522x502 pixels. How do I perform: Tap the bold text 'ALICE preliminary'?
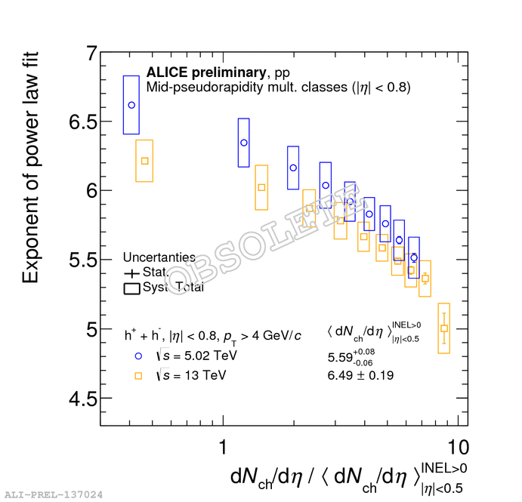click(x=205, y=73)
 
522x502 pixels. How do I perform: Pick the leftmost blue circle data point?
click(x=131, y=105)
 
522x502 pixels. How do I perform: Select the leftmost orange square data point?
click(x=144, y=161)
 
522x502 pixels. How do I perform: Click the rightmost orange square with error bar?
click(x=444, y=328)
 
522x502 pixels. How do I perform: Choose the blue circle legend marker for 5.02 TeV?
click(x=138, y=355)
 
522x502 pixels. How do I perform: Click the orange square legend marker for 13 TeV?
click(x=138, y=374)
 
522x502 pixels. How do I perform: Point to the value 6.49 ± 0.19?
click(x=360, y=375)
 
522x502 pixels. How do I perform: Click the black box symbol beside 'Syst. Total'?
click(x=131, y=287)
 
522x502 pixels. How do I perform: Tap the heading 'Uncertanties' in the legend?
click(x=159, y=257)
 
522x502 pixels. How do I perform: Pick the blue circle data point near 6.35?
click(x=244, y=142)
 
